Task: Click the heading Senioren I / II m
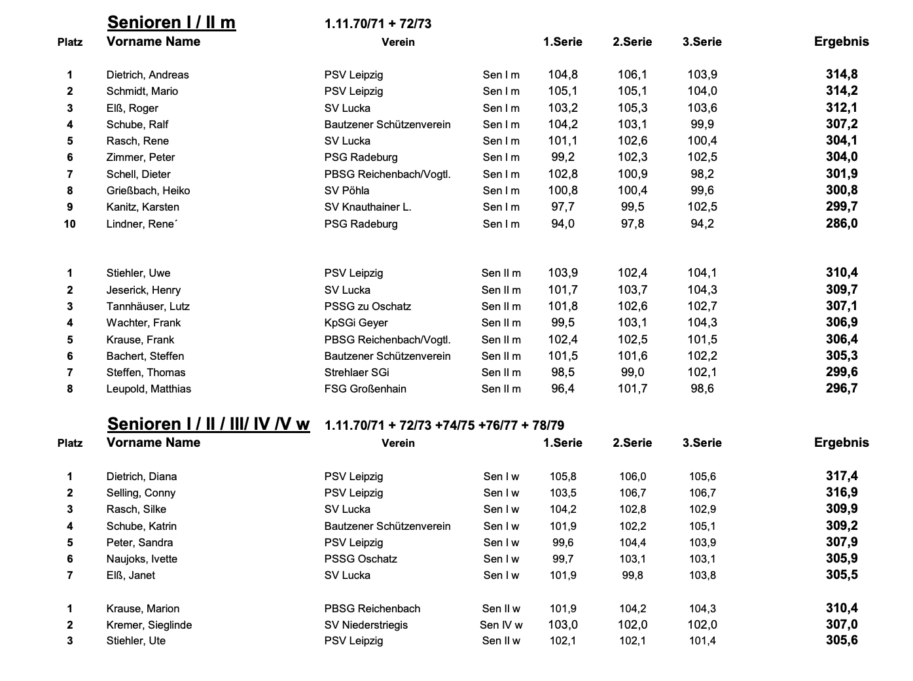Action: (171, 22)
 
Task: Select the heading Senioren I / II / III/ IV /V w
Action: (208, 424)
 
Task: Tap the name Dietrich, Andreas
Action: (147, 75)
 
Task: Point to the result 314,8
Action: (842, 75)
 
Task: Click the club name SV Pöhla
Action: (347, 190)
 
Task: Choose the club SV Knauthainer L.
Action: (368, 207)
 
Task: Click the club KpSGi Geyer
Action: (356, 323)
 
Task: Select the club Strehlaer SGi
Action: (357, 372)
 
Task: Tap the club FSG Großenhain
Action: (365, 389)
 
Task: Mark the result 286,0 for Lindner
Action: (842, 224)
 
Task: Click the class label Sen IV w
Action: (501, 625)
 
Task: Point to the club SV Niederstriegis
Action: (366, 625)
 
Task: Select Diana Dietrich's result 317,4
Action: (842, 476)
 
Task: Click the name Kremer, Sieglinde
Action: (149, 625)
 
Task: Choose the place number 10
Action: (69, 224)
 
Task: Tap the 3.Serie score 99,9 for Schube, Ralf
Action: (702, 124)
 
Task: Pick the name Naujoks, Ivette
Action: (142, 559)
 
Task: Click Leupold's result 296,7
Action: (842, 389)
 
